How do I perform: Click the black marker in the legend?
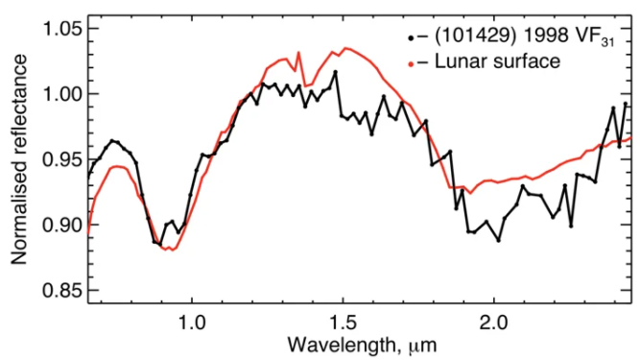click(411, 39)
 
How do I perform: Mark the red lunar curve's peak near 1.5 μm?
click(344, 47)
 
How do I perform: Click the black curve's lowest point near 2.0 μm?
click(498, 240)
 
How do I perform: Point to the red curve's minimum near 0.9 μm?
click(171, 250)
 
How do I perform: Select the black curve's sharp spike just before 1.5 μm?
click(335, 72)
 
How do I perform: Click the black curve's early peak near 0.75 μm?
click(112, 141)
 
